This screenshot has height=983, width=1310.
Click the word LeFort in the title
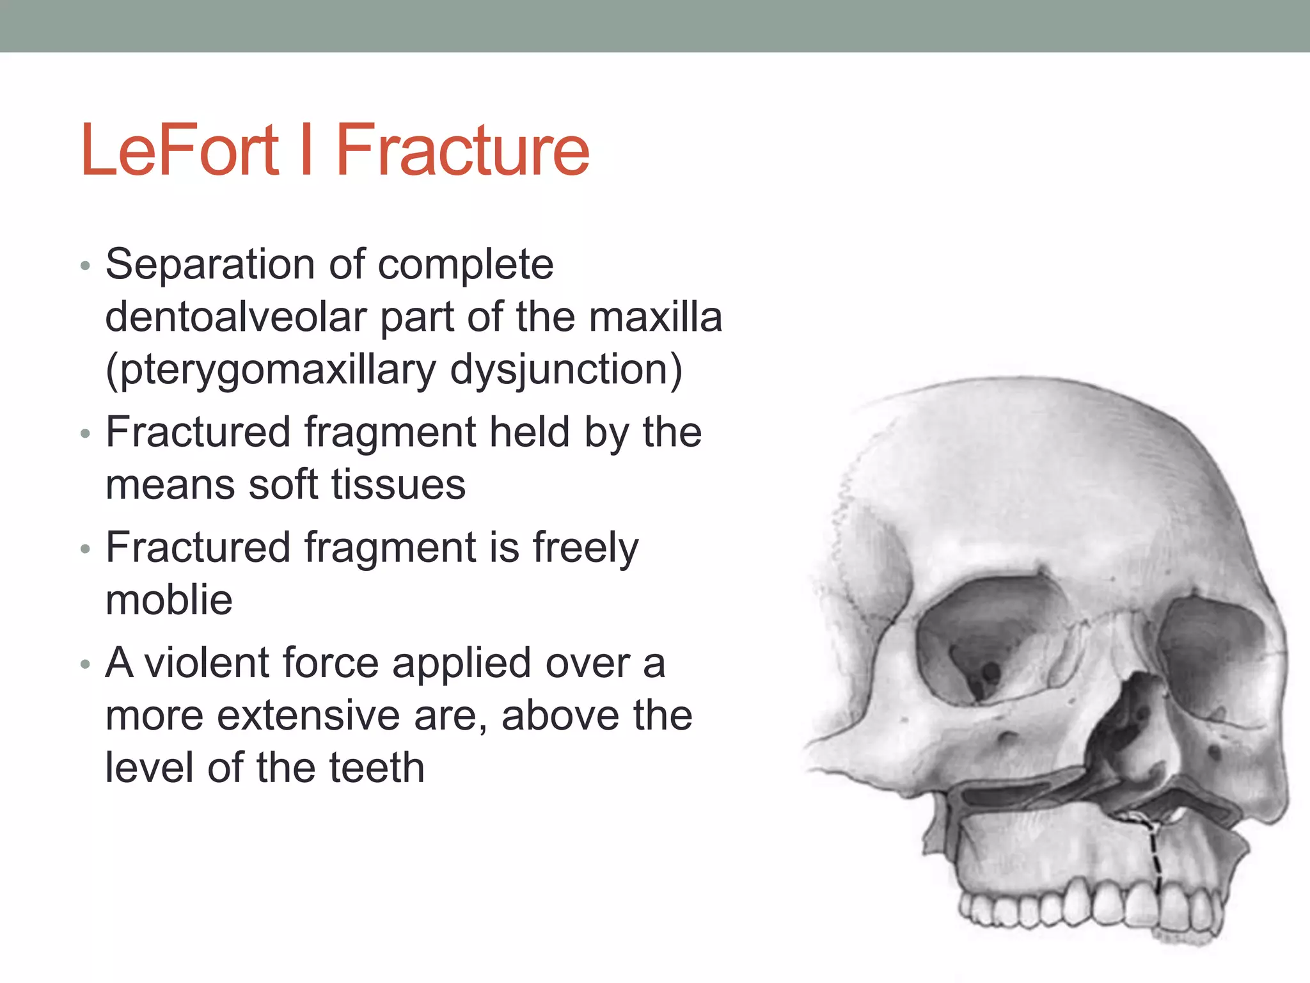[180, 150]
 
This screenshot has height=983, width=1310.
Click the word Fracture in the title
[462, 150]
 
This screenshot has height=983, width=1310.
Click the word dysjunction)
[566, 370]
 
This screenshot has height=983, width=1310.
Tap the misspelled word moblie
[169, 600]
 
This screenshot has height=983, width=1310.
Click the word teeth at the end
[376, 767]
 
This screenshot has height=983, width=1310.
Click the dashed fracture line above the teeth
[1155, 858]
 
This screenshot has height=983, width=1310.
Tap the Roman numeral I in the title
[306, 150]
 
